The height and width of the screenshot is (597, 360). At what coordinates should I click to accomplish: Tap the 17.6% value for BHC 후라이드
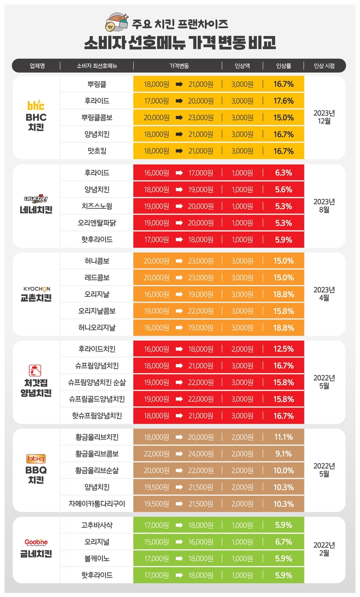(x=284, y=101)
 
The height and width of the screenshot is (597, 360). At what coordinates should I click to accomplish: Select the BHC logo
(x=36, y=105)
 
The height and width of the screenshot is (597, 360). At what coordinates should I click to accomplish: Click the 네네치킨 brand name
(x=36, y=209)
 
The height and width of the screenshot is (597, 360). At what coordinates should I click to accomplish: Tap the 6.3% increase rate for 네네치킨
(x=284, y=173)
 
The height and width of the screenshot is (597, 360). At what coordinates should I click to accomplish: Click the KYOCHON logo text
(x=36, y=288)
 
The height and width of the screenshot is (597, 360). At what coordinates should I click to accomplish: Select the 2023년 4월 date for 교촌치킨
(x=324, y=293)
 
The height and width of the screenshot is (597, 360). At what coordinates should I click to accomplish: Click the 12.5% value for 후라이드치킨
(x=284, y=349)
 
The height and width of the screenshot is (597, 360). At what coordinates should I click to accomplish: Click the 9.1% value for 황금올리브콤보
(x=284, y=454)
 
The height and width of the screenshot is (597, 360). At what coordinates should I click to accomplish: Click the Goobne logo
(x=36, y=542)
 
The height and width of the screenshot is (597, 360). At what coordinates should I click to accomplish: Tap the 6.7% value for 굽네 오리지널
(x=284, y=542)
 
